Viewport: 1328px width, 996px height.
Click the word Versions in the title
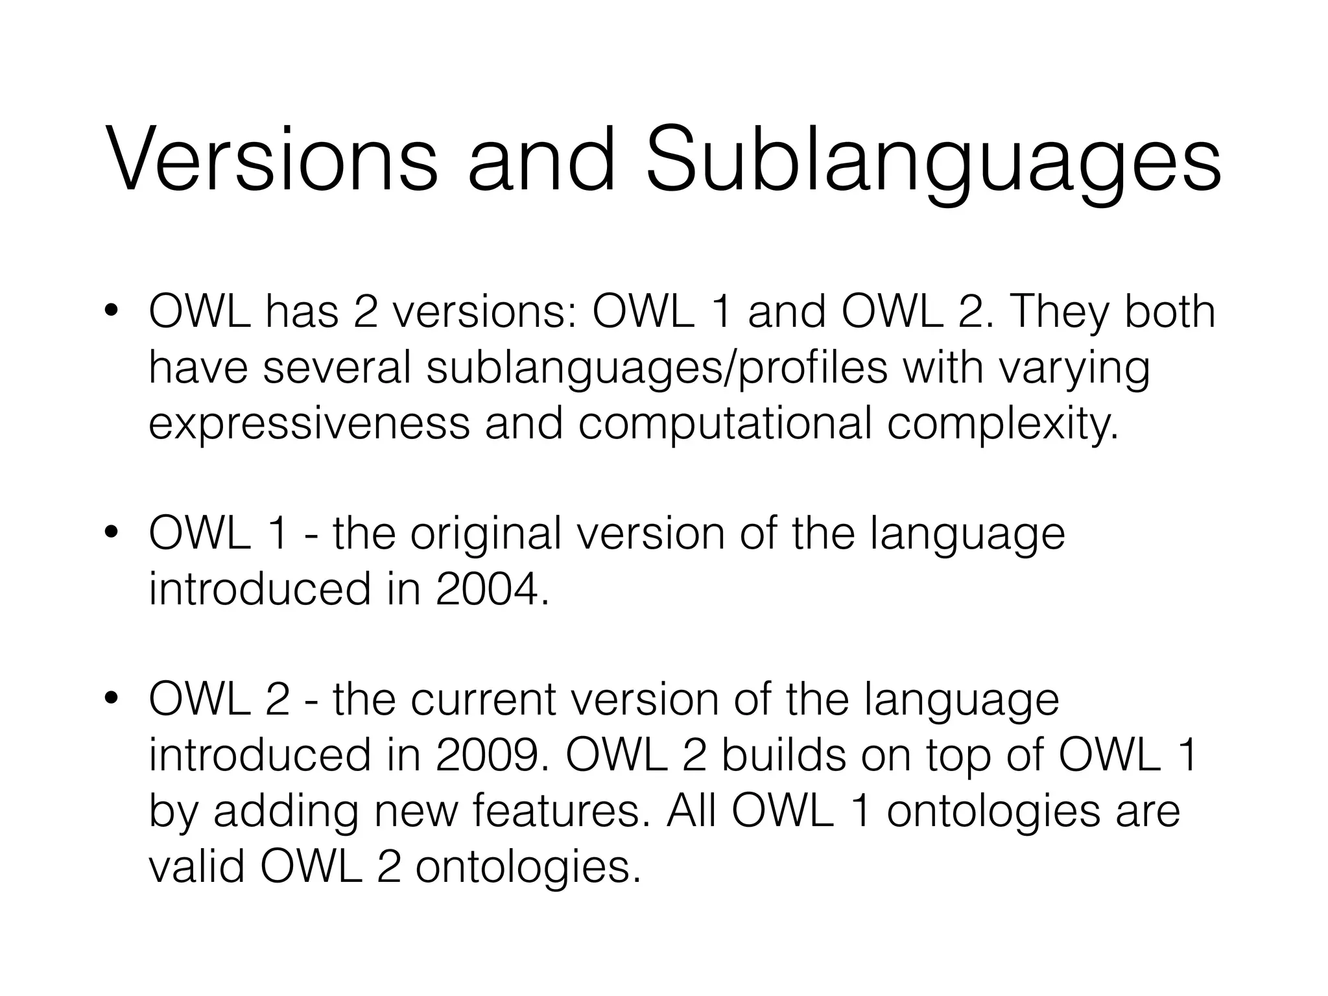[x=271, y=160]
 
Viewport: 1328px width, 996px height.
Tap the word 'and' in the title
[x=541, y=160]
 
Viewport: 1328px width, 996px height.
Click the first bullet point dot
[x=111, y=311]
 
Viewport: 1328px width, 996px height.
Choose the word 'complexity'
[x=1002, y=425]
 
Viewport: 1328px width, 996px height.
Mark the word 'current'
[x=484, y=700]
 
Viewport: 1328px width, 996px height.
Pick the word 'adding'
[x=286, y=812]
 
